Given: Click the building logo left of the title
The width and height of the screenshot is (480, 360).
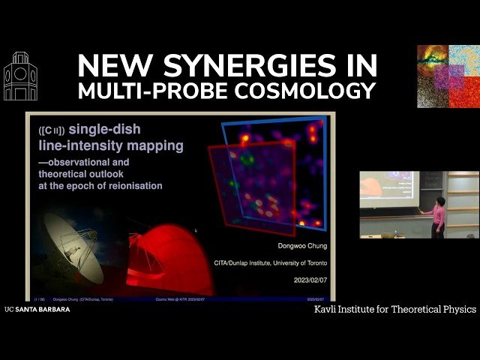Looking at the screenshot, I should point(20,76).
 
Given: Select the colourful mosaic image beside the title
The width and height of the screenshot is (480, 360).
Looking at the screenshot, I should point(448,76).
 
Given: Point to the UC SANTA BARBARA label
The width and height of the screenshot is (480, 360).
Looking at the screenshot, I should point(37,309).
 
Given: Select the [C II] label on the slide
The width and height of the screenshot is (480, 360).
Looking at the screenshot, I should point(50,130).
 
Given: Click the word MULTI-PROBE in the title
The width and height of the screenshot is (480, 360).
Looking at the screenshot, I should point(142,91).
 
